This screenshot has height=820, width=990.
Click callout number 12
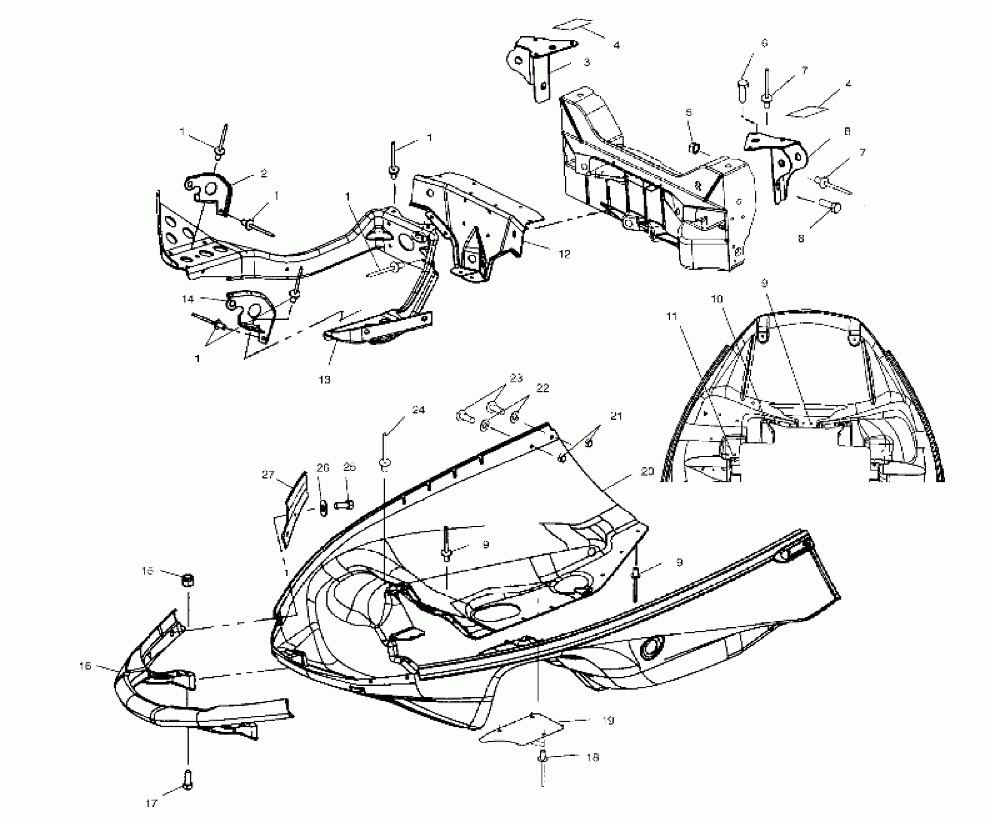click(x=564, y=254)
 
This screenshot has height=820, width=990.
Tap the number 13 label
click(x=325, y=380)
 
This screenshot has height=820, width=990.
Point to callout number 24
click(x=418, y=410)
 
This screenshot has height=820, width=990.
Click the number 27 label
click(x=268, y=475)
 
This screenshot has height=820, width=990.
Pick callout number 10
click(x=717, y=300)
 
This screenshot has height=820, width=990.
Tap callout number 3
click(x=586, y=62)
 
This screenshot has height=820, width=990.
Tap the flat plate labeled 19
click(x=521, y=728)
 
